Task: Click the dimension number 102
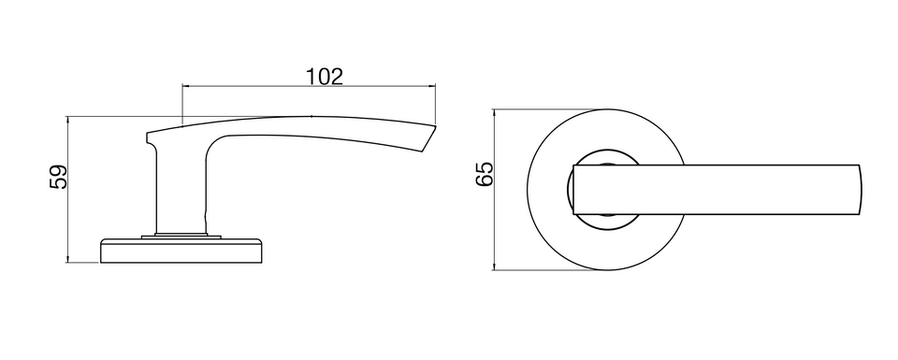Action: click(x=325, y=76)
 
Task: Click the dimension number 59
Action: click(x=59, y=177)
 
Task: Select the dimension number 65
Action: click(x=485, y=174)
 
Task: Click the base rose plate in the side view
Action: click(x=181, y=251)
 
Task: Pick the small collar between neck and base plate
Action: click(x=181, y=236)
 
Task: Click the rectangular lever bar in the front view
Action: click(x=716, y=190)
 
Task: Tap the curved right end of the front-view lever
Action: click(x=861, y=190)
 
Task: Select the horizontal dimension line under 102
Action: click(x=309, y=86)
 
